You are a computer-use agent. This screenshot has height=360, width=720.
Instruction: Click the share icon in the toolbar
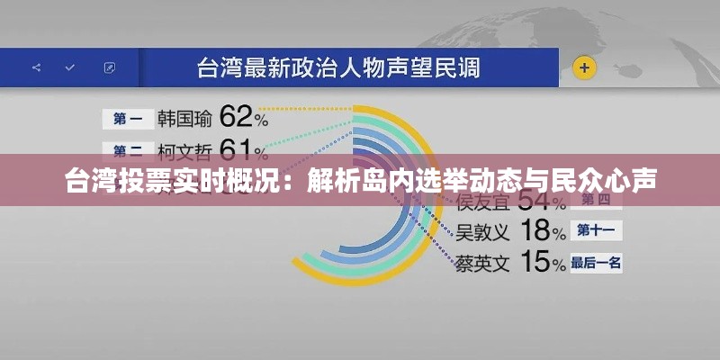[x=36, y=67]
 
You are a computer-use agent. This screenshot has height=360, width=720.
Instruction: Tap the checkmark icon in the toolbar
[x=69, y=67]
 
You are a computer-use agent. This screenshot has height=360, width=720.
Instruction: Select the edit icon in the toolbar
[x=109, y=67]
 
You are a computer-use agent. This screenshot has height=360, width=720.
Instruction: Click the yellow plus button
[x=585, y=67]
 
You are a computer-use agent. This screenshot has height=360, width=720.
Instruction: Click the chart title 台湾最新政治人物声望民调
[x=338, y=67]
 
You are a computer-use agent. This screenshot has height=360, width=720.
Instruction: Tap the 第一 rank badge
[x=128, y=118]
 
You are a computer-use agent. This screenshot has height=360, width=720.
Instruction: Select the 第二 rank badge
[x=128, y=150]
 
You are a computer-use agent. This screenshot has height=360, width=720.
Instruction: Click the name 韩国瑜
[x=184, y=118]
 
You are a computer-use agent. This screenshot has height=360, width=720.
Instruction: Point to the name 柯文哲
[x=184, y=150]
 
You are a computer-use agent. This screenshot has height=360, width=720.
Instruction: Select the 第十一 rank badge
[x=596, y=230]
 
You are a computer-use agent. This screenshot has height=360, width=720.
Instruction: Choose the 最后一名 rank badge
[x=596, y=263]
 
